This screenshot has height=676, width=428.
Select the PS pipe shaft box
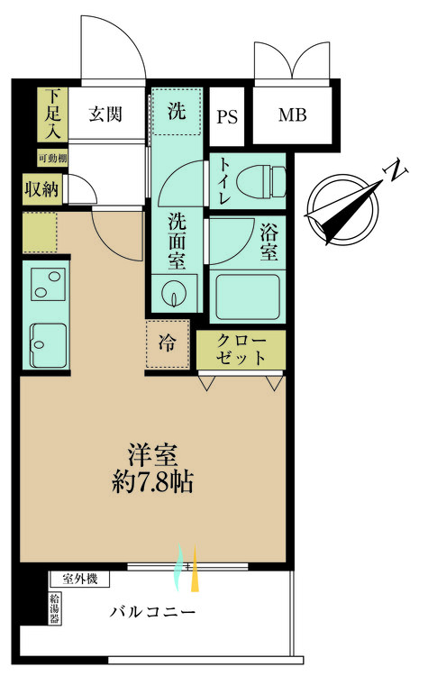tap(227, 116)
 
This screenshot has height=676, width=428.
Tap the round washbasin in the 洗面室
tap(173, 294)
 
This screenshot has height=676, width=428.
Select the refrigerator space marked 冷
tap(168, 343)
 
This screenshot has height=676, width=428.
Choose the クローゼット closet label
tap(241, 350)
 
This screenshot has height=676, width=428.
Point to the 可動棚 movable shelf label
tap(51, 159)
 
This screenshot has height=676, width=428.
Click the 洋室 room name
tap(152, 453)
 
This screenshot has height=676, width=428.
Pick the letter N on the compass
tap(392, 169)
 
